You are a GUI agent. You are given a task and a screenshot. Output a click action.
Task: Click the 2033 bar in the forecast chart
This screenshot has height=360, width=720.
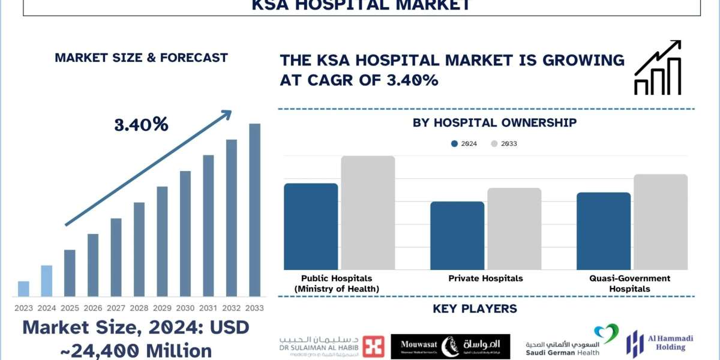coord(255,210)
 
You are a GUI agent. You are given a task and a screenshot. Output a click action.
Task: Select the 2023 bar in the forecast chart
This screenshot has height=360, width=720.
coord(23,289)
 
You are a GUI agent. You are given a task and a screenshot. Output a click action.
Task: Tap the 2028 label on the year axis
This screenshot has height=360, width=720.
coord(139,308)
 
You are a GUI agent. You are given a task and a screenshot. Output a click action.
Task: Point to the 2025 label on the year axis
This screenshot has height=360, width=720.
coord(70,308)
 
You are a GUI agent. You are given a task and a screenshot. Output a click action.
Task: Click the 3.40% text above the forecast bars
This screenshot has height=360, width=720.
coord(141,125)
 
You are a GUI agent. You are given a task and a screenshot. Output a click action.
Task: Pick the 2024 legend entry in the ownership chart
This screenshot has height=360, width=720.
coord(464,143)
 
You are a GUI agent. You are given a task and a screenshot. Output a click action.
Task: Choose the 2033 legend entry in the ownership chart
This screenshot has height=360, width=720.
coord(504,143)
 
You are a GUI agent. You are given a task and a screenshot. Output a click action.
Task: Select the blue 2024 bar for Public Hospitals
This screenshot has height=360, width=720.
coord(311,226)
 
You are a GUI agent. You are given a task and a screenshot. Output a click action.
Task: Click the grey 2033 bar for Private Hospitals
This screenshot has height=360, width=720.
coord(514,229)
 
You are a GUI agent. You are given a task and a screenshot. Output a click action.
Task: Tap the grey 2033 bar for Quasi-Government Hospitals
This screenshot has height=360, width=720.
coord(661,222)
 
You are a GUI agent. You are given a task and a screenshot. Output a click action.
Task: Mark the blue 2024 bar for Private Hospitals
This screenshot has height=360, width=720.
coord(457,235)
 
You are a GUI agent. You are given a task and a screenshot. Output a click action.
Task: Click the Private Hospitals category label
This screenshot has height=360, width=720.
coord(485,278)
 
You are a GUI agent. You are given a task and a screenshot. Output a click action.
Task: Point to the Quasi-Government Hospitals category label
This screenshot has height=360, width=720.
coord(629,283)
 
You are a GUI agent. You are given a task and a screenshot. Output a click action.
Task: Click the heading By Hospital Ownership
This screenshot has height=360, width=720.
coord(494,123)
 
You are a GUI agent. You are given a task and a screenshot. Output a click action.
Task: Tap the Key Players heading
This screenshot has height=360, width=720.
coord(475,309)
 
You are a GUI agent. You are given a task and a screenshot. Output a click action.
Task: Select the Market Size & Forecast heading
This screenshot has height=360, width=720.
coord(141,58)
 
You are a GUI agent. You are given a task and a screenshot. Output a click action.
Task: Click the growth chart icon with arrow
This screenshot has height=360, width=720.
coord(658,67)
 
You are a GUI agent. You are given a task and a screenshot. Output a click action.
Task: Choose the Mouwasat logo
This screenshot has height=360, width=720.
coord(450,346)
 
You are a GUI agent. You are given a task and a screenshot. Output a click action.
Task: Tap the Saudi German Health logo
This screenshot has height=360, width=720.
coord(571,342)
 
